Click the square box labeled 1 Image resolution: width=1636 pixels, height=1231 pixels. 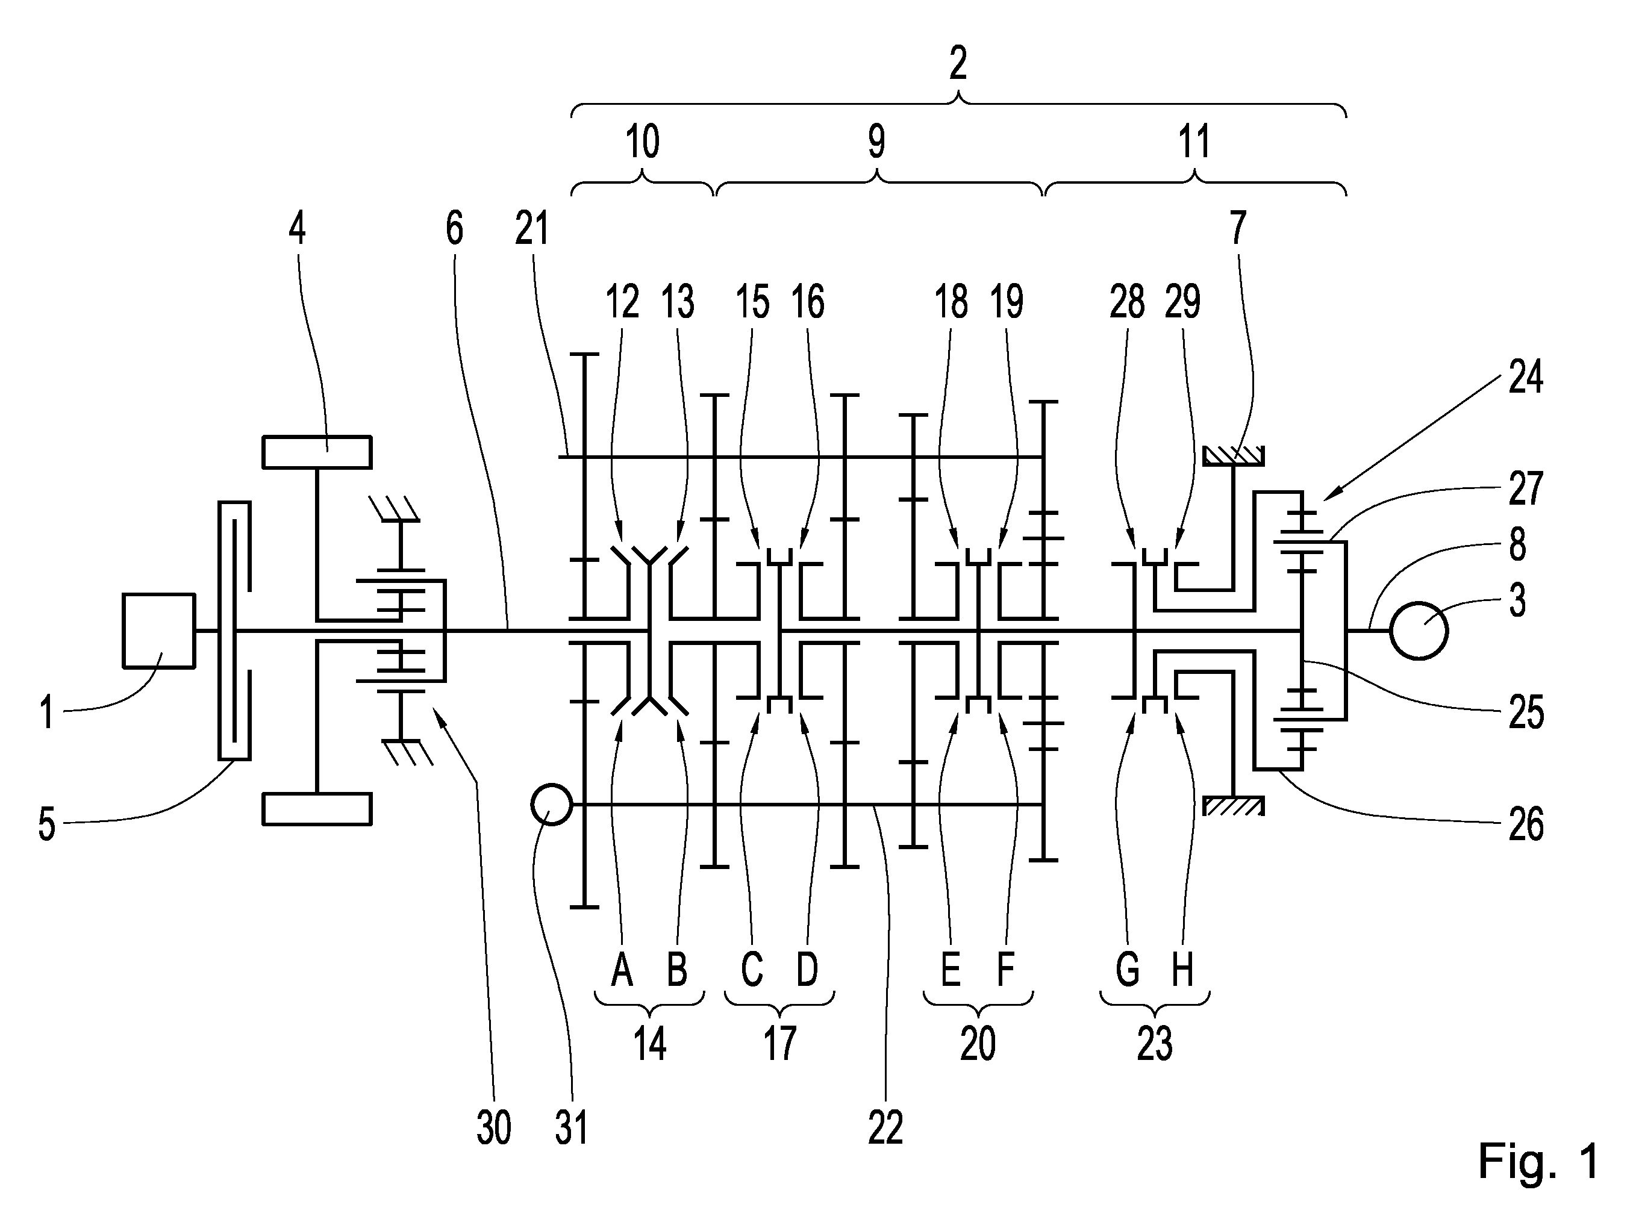click(x=159, y=631)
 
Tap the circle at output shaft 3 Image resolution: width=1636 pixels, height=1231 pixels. click(x=1419, y=631)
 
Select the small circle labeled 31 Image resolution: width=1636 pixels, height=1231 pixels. click(x=552, y=805)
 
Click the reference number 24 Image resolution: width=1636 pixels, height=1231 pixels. click(x=1526, y=377)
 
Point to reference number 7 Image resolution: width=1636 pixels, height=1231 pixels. click(x=1238, y=228)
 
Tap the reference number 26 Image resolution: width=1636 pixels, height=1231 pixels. click(x=1526, y=824)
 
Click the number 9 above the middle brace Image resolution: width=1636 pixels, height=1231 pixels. click(x=876, y=140)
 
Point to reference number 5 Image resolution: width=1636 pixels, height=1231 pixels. click(x=46, y=824)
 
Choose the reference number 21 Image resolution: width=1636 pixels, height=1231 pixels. click(x=532, y=228)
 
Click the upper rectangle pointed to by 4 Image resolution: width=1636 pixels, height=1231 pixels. click(x=317, y=452)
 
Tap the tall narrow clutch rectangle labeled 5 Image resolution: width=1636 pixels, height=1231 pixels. click(x=234, y=631)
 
